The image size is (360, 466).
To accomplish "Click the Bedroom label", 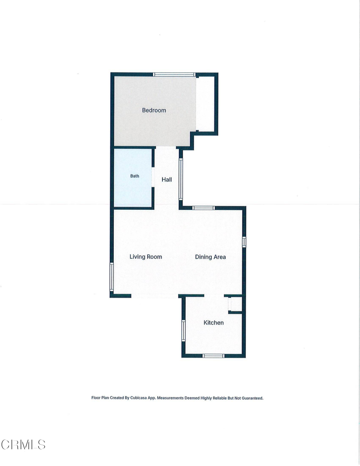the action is pos(154,110).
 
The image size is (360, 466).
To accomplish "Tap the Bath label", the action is pos(135,176).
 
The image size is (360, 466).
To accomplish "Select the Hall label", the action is pos(167,179).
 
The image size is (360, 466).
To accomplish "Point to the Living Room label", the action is pos(146,257).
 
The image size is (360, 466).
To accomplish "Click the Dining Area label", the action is pos(210,257).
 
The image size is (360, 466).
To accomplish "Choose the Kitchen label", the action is pos(214,323).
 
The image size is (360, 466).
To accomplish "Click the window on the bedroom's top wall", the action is pos(174,75).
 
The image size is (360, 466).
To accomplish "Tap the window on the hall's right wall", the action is pos(181,178).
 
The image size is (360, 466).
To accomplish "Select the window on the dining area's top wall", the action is pos(203,208).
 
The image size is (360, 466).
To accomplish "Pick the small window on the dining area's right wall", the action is pos(244,242).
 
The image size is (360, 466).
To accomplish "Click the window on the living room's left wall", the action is pos(112,277).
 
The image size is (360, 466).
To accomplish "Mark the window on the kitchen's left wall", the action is pos(184,330).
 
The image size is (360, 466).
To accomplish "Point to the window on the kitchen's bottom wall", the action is pos(213,356).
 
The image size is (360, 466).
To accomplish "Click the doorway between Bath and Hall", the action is pos(153,177).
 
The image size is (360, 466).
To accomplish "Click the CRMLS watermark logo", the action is pos(23,445).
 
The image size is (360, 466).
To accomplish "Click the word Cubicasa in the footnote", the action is pos(138,398).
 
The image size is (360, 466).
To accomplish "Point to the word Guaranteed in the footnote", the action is pos(252,398).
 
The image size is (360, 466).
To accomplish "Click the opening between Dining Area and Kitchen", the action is pos(214,296).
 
